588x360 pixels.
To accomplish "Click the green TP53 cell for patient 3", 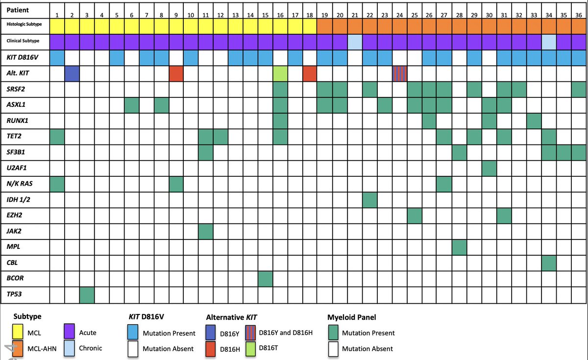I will pyautogui.click(x=87, y=295).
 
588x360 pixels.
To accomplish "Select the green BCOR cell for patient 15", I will pyautogui.click(x=265, y=279).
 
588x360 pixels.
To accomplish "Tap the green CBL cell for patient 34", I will pyautogui.click(x=549, y=263).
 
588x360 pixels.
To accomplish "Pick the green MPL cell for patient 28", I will pyautogui.click(x=459, y=247).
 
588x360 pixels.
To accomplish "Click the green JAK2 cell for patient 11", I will pyautogui.click(x=206, y=231).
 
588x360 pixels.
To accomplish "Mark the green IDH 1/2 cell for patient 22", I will pyautogui.click(x=370, y=200).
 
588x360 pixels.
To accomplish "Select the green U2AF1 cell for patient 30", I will pyautogui.click(x=489, y=168).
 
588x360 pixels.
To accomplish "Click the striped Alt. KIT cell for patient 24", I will pyautogui.click(x=400, y=74).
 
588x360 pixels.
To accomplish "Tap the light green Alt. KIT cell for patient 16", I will pyautogui.click(x=280, y=74).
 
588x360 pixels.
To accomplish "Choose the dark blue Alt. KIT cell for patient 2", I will pyautogui.click(x=72, y=74).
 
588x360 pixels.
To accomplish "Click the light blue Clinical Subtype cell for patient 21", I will pyautogui.click(x=355, y=42).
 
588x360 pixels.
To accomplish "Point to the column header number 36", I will pyautogui.click(x=578, y=15).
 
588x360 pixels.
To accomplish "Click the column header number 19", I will pyautogui.click(x=325, y=15).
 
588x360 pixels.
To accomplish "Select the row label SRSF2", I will pyautogui.click(x=15, y=89).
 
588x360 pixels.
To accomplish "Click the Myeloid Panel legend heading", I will pyautogui.click(x=352, y=317).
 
